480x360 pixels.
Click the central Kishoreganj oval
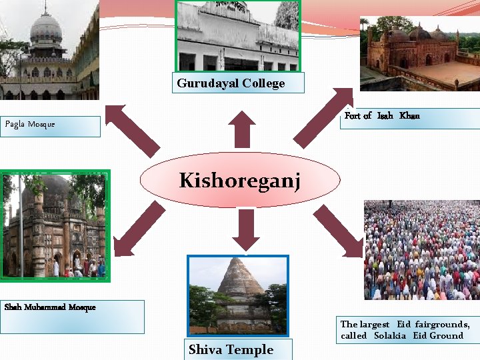(240, 180)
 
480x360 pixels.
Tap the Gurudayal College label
(231, 83)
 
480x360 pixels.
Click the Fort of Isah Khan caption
(382, 116)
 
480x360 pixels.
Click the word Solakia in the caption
(391, 336)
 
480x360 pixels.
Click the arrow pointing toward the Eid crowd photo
(340, 231)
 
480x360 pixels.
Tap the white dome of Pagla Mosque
(46, 28)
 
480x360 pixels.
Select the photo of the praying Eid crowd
(421, 250)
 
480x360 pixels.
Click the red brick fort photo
(419, 53)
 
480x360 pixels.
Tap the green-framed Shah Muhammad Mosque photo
(55, 226)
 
